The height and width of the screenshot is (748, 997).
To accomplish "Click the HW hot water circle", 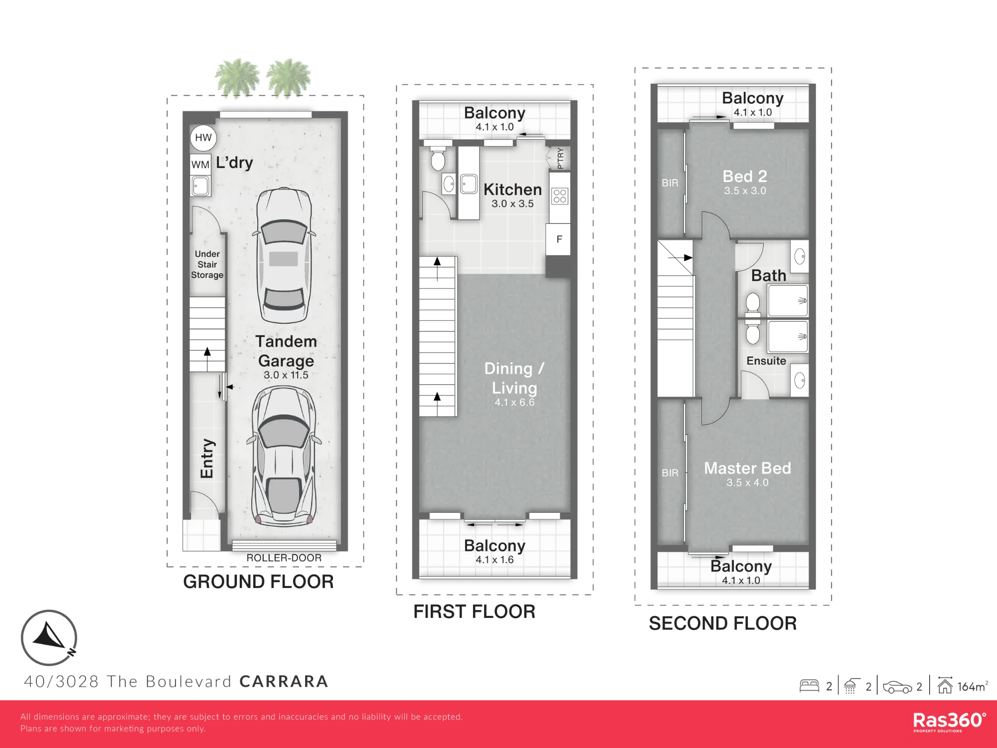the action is click(203, 138).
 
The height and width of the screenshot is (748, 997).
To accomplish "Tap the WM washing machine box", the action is click(200, 165).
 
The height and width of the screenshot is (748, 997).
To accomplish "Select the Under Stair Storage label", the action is click(207, 264).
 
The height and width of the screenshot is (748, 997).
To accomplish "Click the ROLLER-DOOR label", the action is click(284, 558).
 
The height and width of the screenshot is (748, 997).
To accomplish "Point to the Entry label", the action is click(207, 458).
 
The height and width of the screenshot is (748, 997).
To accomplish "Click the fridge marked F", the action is click(559, 239).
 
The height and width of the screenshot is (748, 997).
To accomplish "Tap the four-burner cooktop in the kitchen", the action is click(560, 196).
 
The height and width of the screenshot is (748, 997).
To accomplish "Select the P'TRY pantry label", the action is click(560, 158).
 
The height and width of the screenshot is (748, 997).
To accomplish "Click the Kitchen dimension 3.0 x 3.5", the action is click(512, 203).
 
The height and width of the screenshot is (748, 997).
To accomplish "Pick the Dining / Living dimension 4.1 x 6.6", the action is click(514, 402).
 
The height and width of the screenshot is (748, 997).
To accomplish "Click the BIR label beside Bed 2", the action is click(670, 183).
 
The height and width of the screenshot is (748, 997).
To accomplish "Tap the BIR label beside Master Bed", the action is click(670, 473).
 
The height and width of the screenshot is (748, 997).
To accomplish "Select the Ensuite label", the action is click(766, 361).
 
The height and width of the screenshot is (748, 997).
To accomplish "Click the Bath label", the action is click(769, 276).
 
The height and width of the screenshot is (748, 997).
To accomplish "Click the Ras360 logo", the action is click(949, 722).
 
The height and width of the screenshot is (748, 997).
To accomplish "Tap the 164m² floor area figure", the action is click(972, 687).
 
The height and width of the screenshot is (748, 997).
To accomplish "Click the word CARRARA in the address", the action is click(284, 681).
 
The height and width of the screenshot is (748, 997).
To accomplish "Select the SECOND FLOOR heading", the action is click(723, 623).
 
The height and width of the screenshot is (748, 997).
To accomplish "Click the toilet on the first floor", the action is click(438, 158).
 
